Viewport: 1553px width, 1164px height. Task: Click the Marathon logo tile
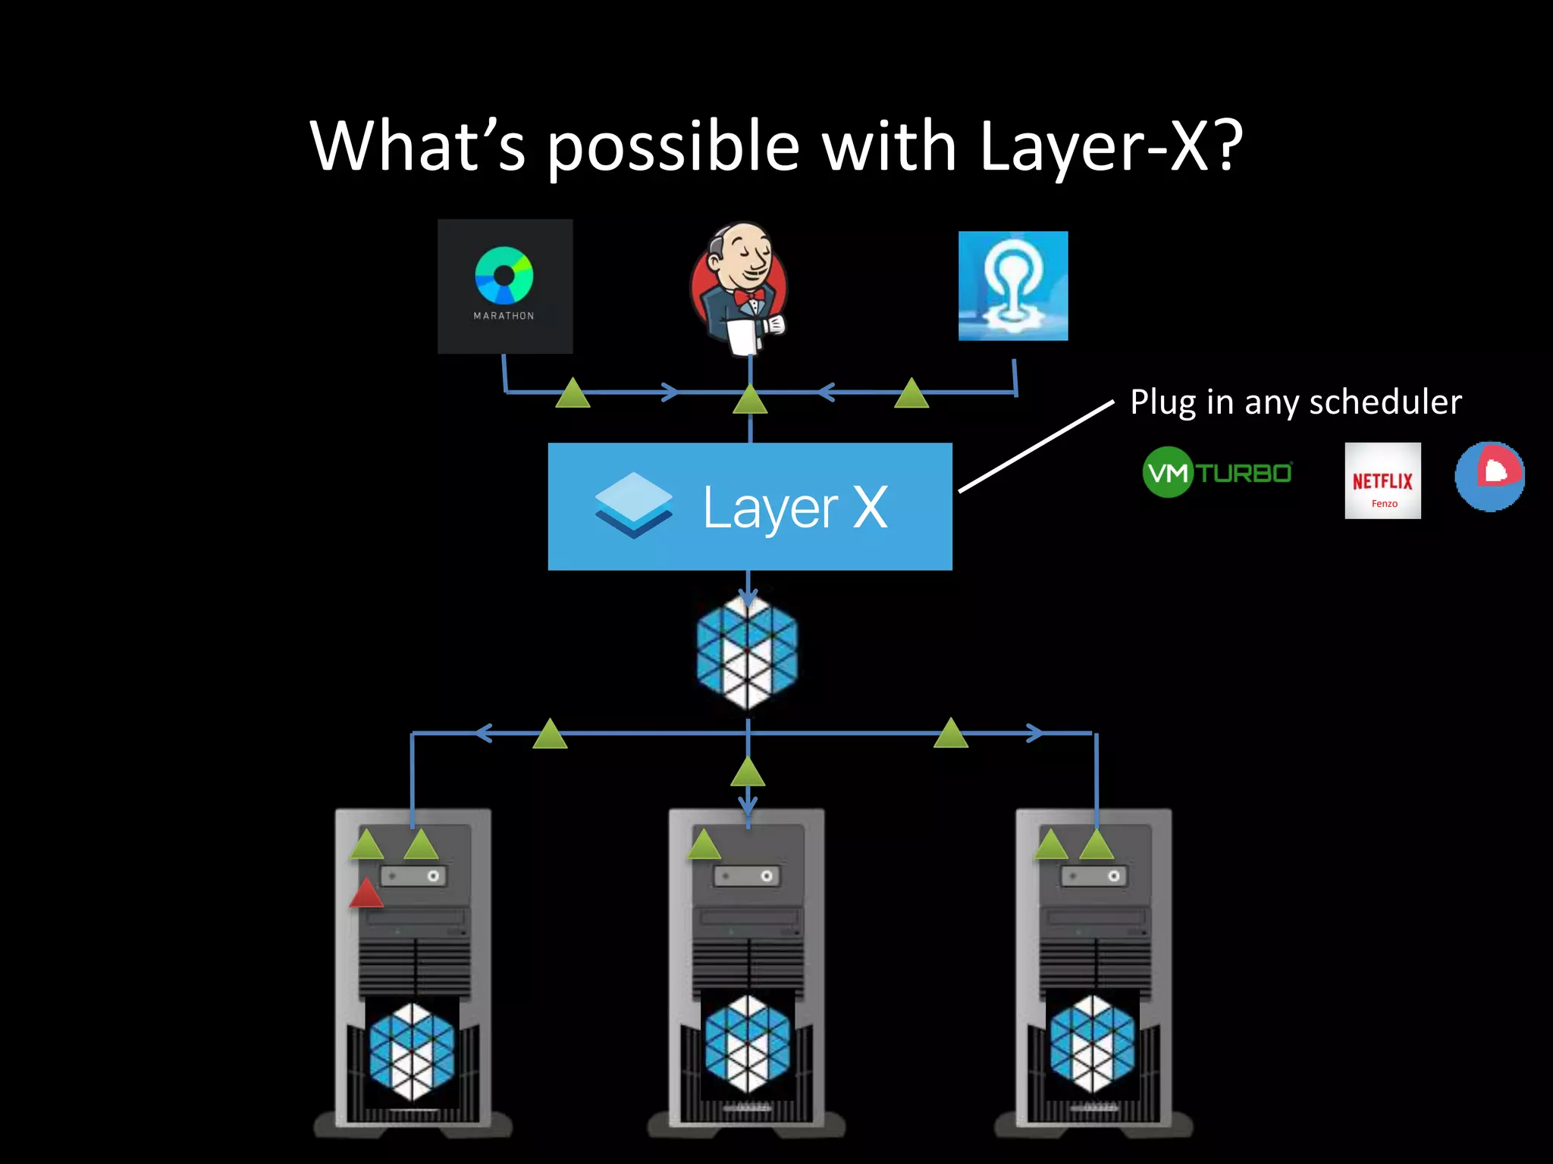(x=505, y=286)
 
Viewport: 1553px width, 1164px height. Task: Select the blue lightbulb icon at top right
(x=1013, y=286)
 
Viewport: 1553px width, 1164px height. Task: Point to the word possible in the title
(x=673, y=147)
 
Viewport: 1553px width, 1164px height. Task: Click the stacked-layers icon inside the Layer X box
(x=633, y=505)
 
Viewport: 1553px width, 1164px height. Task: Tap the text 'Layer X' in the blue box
(x=795, y=507)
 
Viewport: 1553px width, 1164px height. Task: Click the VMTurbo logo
(x=1217, y=472)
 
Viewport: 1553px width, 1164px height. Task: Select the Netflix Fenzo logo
(x=1382, y=480)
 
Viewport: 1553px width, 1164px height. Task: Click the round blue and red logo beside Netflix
(x=1489, y=476)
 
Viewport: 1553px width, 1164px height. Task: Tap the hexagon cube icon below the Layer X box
(x=748, y=652)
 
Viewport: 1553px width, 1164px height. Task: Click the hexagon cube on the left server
(x=412, y=1051)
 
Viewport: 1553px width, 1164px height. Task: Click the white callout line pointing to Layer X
(x=1036, y=446)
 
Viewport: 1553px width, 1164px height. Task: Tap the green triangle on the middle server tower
(x=704, y=845)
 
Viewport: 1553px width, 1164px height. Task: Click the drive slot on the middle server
(x=746, y=876)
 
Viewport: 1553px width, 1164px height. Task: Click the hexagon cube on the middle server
(x=747, y=1044)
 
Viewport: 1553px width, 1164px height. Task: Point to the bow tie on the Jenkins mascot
(x=749, y=296)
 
